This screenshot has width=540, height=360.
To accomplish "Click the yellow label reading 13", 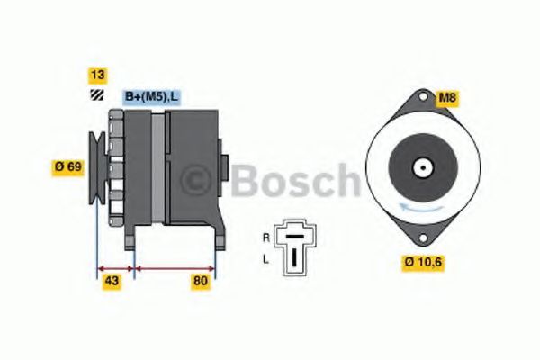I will coord(94,74).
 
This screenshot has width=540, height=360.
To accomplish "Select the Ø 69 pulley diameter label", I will coord(68,166).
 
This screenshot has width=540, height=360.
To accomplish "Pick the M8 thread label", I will coord(446,98).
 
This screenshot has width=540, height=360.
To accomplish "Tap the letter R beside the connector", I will coord(265,238).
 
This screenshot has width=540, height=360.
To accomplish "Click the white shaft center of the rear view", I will coord(419,166).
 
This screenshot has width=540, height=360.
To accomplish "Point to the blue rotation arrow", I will coord(419,208).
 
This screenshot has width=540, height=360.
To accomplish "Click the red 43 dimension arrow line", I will coord(115,267).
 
